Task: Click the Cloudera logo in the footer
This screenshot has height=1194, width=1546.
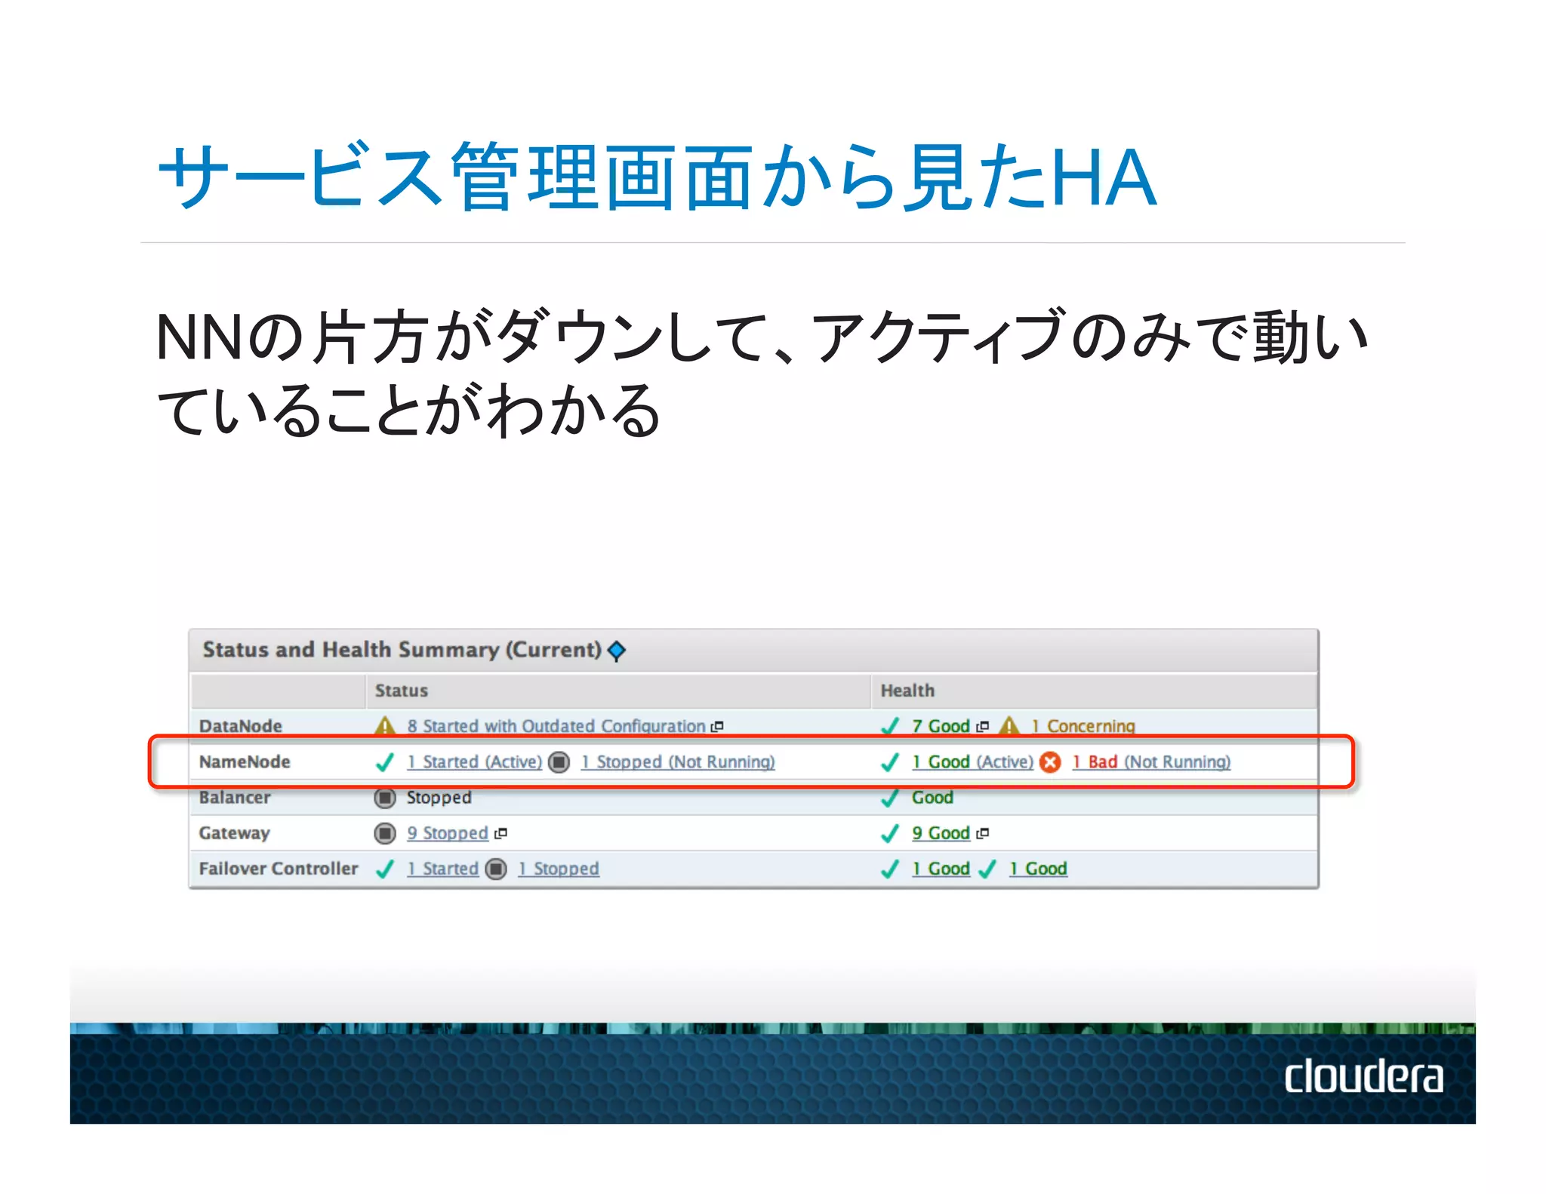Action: click(1363, 1076)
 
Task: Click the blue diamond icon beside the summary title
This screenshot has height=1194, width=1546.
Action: click(617, 650)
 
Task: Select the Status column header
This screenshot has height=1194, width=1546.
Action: click(401, 691)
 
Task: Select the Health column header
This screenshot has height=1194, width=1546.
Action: click(907, 691)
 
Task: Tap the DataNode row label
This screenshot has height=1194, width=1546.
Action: click(240, 726)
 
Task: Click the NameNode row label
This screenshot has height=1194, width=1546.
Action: click(244, 762)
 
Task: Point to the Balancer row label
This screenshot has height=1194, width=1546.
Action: click(234, 797)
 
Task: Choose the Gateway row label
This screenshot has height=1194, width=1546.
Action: click(234, 833)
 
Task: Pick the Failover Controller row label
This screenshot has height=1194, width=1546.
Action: click(278, 869)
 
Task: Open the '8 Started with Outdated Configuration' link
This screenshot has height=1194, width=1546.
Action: click(556, 726)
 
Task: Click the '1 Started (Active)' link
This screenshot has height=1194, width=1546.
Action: click(474, 762)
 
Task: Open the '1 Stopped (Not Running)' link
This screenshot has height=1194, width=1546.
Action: click(677, 762)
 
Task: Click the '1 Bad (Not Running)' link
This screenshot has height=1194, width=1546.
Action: click(1150, 762)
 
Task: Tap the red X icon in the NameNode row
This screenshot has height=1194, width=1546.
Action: click(1049, 762)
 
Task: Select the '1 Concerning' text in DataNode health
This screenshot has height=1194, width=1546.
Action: click(1083, 726)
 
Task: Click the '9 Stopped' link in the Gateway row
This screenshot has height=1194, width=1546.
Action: click(448, 833)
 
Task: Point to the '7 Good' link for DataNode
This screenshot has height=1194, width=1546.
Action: click(941, 726)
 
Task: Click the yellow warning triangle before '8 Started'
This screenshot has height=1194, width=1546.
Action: click(385, 726)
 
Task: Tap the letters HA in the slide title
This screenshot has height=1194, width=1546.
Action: click(1103, 178)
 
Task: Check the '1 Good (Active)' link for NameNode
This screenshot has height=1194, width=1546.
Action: click(972, 762)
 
